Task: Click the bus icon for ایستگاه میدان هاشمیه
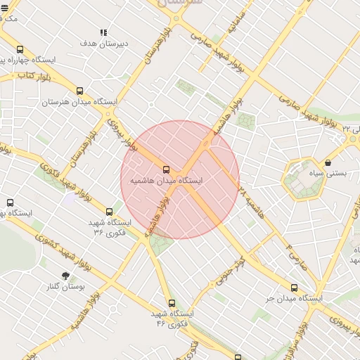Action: [x=167, y=169]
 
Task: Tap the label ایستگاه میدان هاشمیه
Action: [x=166, y=181]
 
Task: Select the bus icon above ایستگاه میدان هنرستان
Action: [x=79, y=91]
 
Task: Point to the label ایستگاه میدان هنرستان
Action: [x=79, y=103]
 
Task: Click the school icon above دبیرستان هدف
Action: [x=103, y=32]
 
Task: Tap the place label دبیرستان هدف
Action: [x=103, y=44]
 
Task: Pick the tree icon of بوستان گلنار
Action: [x=65, y=276]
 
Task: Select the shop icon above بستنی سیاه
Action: [x=328, y=162]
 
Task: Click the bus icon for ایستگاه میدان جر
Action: [x=294, y=288]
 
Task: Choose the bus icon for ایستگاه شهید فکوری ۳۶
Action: [x=108, y=211]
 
